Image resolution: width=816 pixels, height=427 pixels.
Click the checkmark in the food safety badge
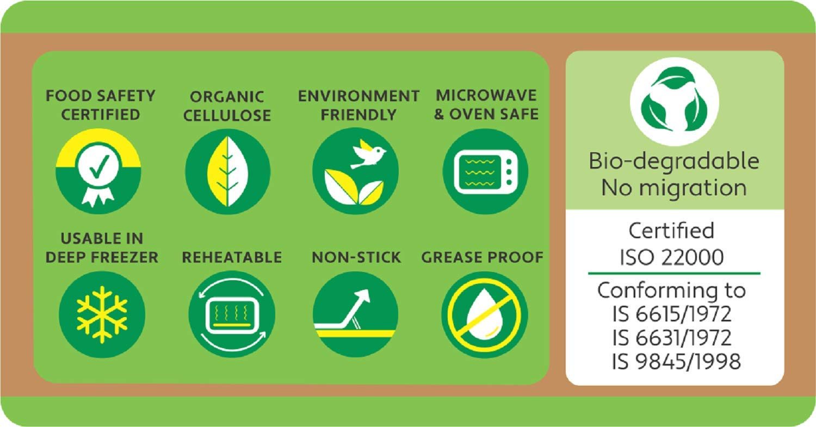pyautogui.click(x=98, y=167)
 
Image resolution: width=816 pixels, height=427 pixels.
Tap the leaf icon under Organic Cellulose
pyautogui.click(x=228, y=171)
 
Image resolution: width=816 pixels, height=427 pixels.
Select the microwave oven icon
pyautogui.click(x=486, y=171)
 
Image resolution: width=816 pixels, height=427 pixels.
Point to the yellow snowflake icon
pyautogui.click(x=102, y=314)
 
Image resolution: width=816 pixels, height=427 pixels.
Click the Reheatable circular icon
pyautogui.click(x=232, y=314)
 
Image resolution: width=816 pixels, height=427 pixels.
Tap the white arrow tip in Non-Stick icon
pyautogui.click(x=364, y=294)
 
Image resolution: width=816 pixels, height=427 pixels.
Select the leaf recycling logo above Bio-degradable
pyautogui.click(x=675, y=102)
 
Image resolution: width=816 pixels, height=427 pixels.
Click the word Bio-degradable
pyautogui.click(x=674, y=160)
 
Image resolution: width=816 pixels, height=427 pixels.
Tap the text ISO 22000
pyautogui.click(x=672, y=257)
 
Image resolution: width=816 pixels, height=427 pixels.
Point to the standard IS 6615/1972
pyautogui.click(x=672, y=314)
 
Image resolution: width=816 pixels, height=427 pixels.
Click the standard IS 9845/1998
pyautogui.click(x=676, y=361)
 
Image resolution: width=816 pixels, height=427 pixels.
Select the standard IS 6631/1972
pyautogui.click(x=672, y=338)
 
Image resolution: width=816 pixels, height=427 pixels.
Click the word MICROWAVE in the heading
pyautogui.click(x=486, y=95)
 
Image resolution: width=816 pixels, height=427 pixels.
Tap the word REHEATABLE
pyautogui.click(x=232, y=257)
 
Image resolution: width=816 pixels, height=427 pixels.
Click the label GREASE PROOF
pyautogui.click(x=482, y=257)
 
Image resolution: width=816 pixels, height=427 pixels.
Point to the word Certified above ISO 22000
pyautogui.click(x=671, y=231)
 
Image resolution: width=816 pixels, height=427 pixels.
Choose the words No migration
pyautogui.click(x=674, y=188)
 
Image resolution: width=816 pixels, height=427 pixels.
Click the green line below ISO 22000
pyautogui.click(x=675, y=273)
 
